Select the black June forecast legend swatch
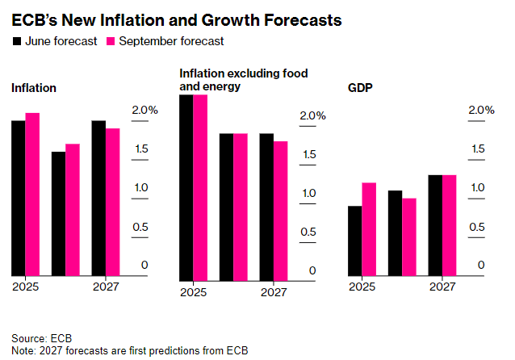coord(17,40)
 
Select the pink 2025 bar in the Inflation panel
coord(32,194)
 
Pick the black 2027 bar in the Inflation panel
coord(98,198)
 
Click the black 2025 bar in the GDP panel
coord(355,241)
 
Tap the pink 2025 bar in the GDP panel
coord(369,228)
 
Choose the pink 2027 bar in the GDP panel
coord(450,224)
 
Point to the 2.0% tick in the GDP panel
coord(481,110)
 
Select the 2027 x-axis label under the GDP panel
coord(442,286)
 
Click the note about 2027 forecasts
coord(129,350)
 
